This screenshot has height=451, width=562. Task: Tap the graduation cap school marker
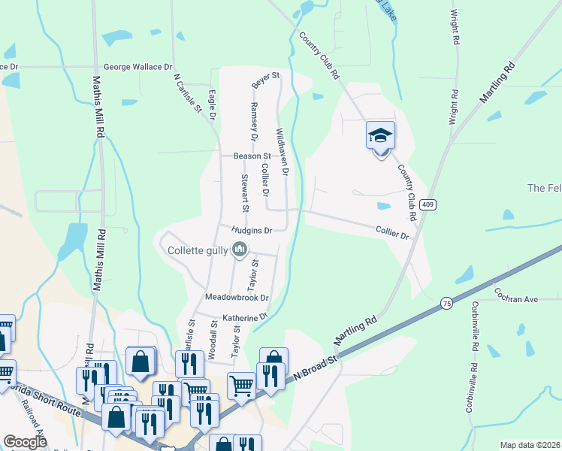click(x=380, y=136)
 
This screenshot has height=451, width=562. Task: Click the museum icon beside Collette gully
click(x=240, y=250)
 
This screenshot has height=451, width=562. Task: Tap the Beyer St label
click(x=265, y=77)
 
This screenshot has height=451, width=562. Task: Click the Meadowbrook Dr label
click(x=237, y=298)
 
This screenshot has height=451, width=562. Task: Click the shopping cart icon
click(x=241, y=385)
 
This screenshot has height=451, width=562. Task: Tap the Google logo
click(x=25, y=442)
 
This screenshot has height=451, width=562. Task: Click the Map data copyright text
click(x=530, y=445)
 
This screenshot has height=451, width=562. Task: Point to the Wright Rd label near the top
click(x=454, y=28)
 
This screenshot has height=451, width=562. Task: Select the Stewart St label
click(x=245, y=193)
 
